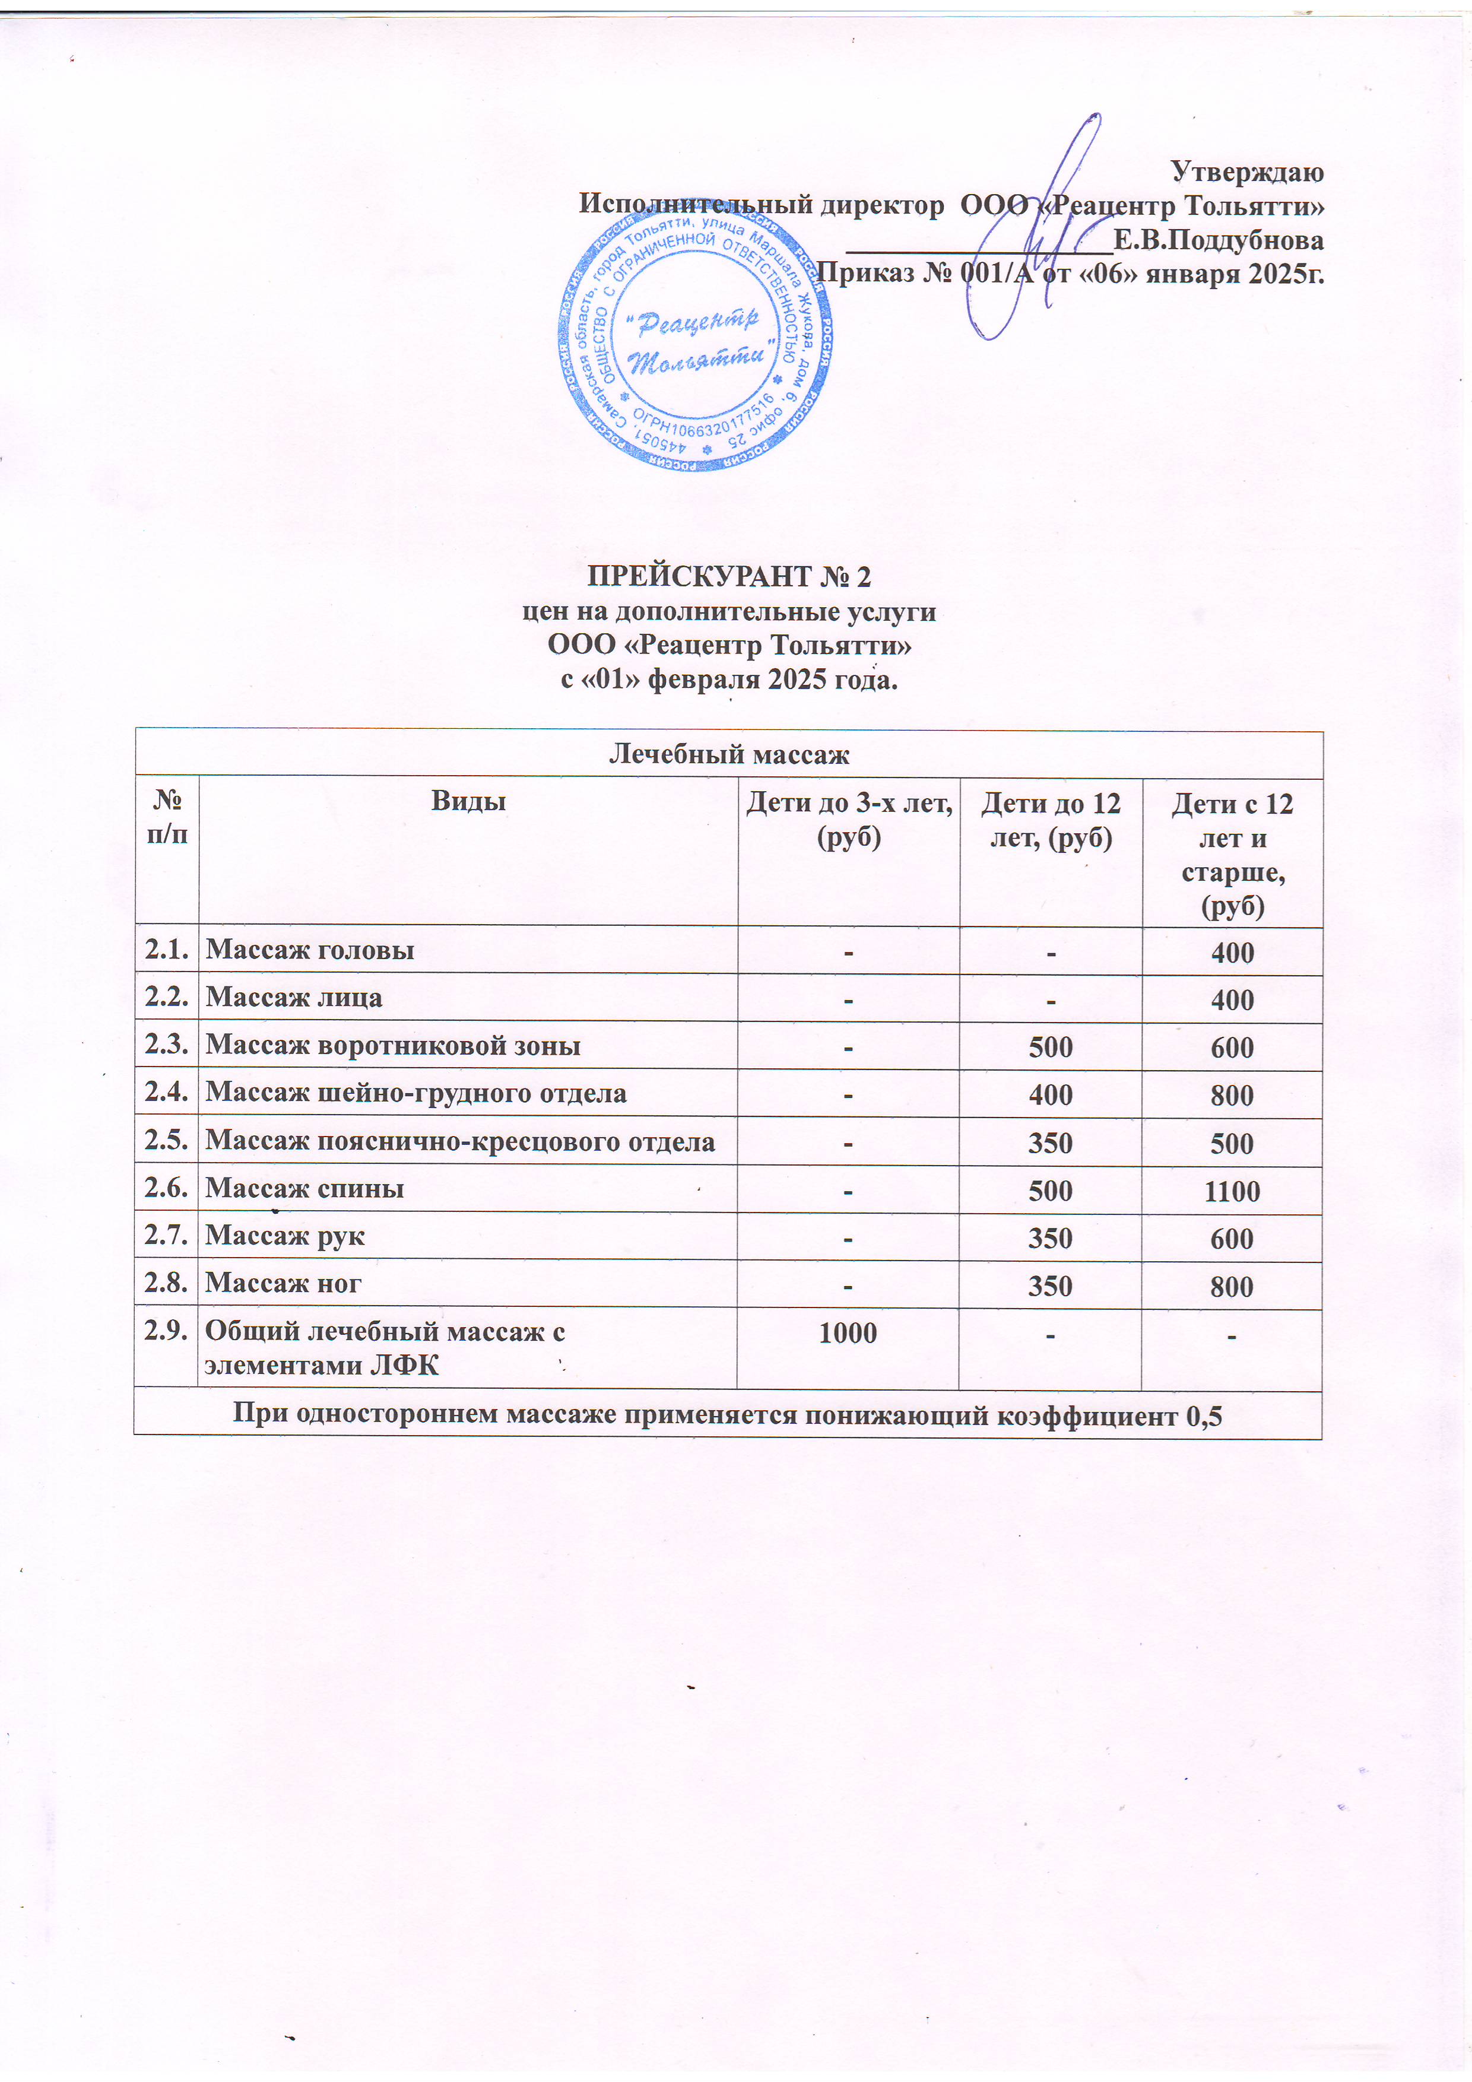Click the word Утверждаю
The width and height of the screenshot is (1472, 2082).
1247,170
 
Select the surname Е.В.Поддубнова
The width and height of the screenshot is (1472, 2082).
1218,240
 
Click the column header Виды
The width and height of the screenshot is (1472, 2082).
468,802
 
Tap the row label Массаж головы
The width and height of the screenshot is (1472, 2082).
310,950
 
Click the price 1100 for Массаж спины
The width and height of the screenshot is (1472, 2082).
1232,1191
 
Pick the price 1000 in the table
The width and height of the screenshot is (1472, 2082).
848,1332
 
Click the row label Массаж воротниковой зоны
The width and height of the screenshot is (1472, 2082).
393,1046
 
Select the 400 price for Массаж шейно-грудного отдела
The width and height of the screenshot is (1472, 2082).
1050,1094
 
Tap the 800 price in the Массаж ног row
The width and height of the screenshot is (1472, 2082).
1232,1286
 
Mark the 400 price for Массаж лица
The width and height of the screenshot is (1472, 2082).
1232,999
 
